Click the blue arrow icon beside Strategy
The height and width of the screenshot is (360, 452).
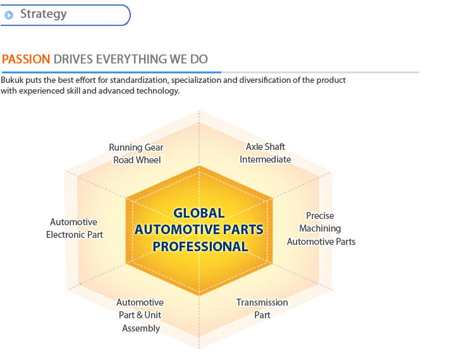[x=9, y=15]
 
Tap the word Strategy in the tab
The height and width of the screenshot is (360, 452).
[x=44, y=15]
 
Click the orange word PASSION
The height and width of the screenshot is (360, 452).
[x=26, y=59]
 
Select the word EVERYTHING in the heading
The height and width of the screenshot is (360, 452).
[x=131, y=59]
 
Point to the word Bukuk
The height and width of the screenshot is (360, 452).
[x=12, y=80]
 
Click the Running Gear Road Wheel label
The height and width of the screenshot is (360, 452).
[x=137, y=154]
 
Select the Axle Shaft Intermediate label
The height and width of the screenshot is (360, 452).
[x=266, y=153]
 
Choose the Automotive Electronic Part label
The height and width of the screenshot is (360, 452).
[x=75, y=228]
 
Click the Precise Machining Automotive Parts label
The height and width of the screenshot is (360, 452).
[x=321, y=228]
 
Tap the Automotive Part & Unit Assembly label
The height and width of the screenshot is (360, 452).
[x=140, y=315]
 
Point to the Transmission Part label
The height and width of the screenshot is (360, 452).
[x=262, y=308]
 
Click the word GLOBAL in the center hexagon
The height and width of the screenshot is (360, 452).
[x=199, y=213]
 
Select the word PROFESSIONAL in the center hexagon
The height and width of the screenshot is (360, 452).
[x=200, y=247]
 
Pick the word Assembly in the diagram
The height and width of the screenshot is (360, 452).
[x=141, y=328]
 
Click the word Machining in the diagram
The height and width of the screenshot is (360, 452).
[x=320, y=229]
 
